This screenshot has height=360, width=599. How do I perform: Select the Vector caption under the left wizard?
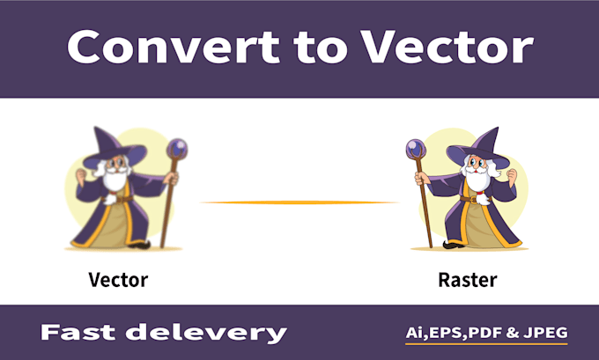(x=118, y=280)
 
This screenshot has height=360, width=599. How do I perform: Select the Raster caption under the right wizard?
(x=467, y=280)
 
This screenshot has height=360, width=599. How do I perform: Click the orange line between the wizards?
(x=299, y=202)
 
